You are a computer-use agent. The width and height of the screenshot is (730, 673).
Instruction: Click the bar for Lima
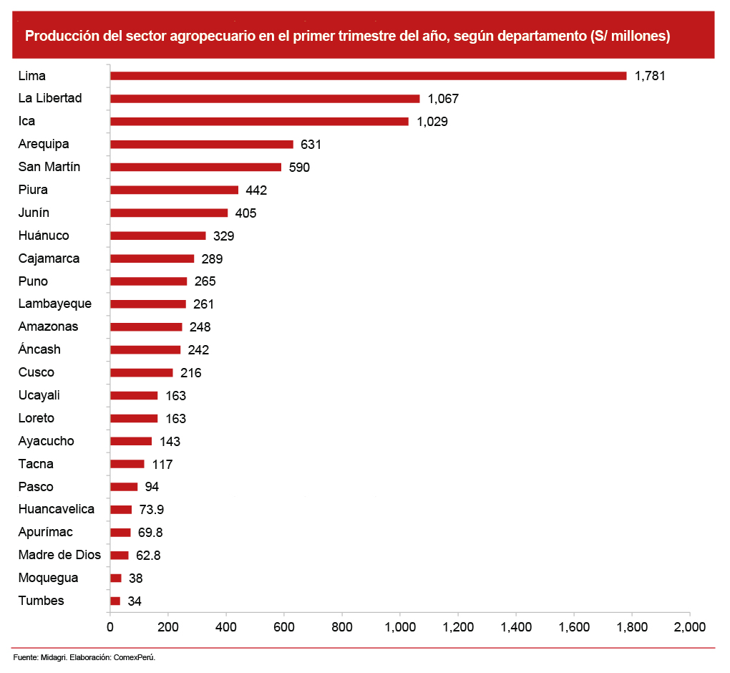(369, 75)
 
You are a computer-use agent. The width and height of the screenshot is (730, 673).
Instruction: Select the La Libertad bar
(265, 98)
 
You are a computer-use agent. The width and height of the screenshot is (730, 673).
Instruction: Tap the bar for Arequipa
(202, 144)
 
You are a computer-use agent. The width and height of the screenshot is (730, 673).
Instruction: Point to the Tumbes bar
(115, 601)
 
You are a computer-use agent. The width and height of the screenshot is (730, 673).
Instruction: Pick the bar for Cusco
(142, 372)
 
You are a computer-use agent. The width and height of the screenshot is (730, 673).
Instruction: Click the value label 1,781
(650, 75)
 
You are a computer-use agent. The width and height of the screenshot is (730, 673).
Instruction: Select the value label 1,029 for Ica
(432, 121)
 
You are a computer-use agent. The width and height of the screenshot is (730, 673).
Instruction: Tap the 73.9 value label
(152, 510)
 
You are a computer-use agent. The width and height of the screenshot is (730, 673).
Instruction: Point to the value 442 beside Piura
(256, 190)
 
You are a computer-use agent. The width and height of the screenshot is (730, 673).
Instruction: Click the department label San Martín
(49, 167)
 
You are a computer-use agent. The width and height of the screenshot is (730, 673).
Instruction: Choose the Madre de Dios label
(59, 555)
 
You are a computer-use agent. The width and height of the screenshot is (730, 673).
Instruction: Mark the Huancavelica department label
(57, 509)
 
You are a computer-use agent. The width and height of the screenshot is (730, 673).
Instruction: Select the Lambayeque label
(55, 304)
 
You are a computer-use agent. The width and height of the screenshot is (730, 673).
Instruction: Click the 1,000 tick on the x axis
(400, 627)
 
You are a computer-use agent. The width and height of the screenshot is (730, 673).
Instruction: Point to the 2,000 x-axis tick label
(690, 627)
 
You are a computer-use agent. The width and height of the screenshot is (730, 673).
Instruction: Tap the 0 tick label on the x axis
(110, 627)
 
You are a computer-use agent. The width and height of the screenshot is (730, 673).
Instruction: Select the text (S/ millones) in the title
(626, 36)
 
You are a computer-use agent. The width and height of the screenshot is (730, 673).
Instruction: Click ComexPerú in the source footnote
(135, 657)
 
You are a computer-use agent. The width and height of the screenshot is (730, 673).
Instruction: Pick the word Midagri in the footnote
(54, 657)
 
